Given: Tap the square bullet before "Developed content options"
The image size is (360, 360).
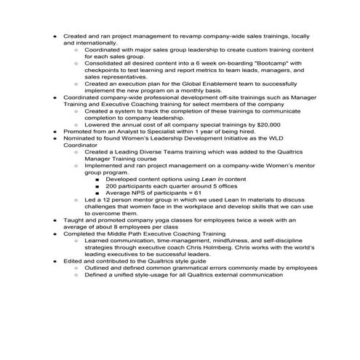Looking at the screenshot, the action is pos(97,178).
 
